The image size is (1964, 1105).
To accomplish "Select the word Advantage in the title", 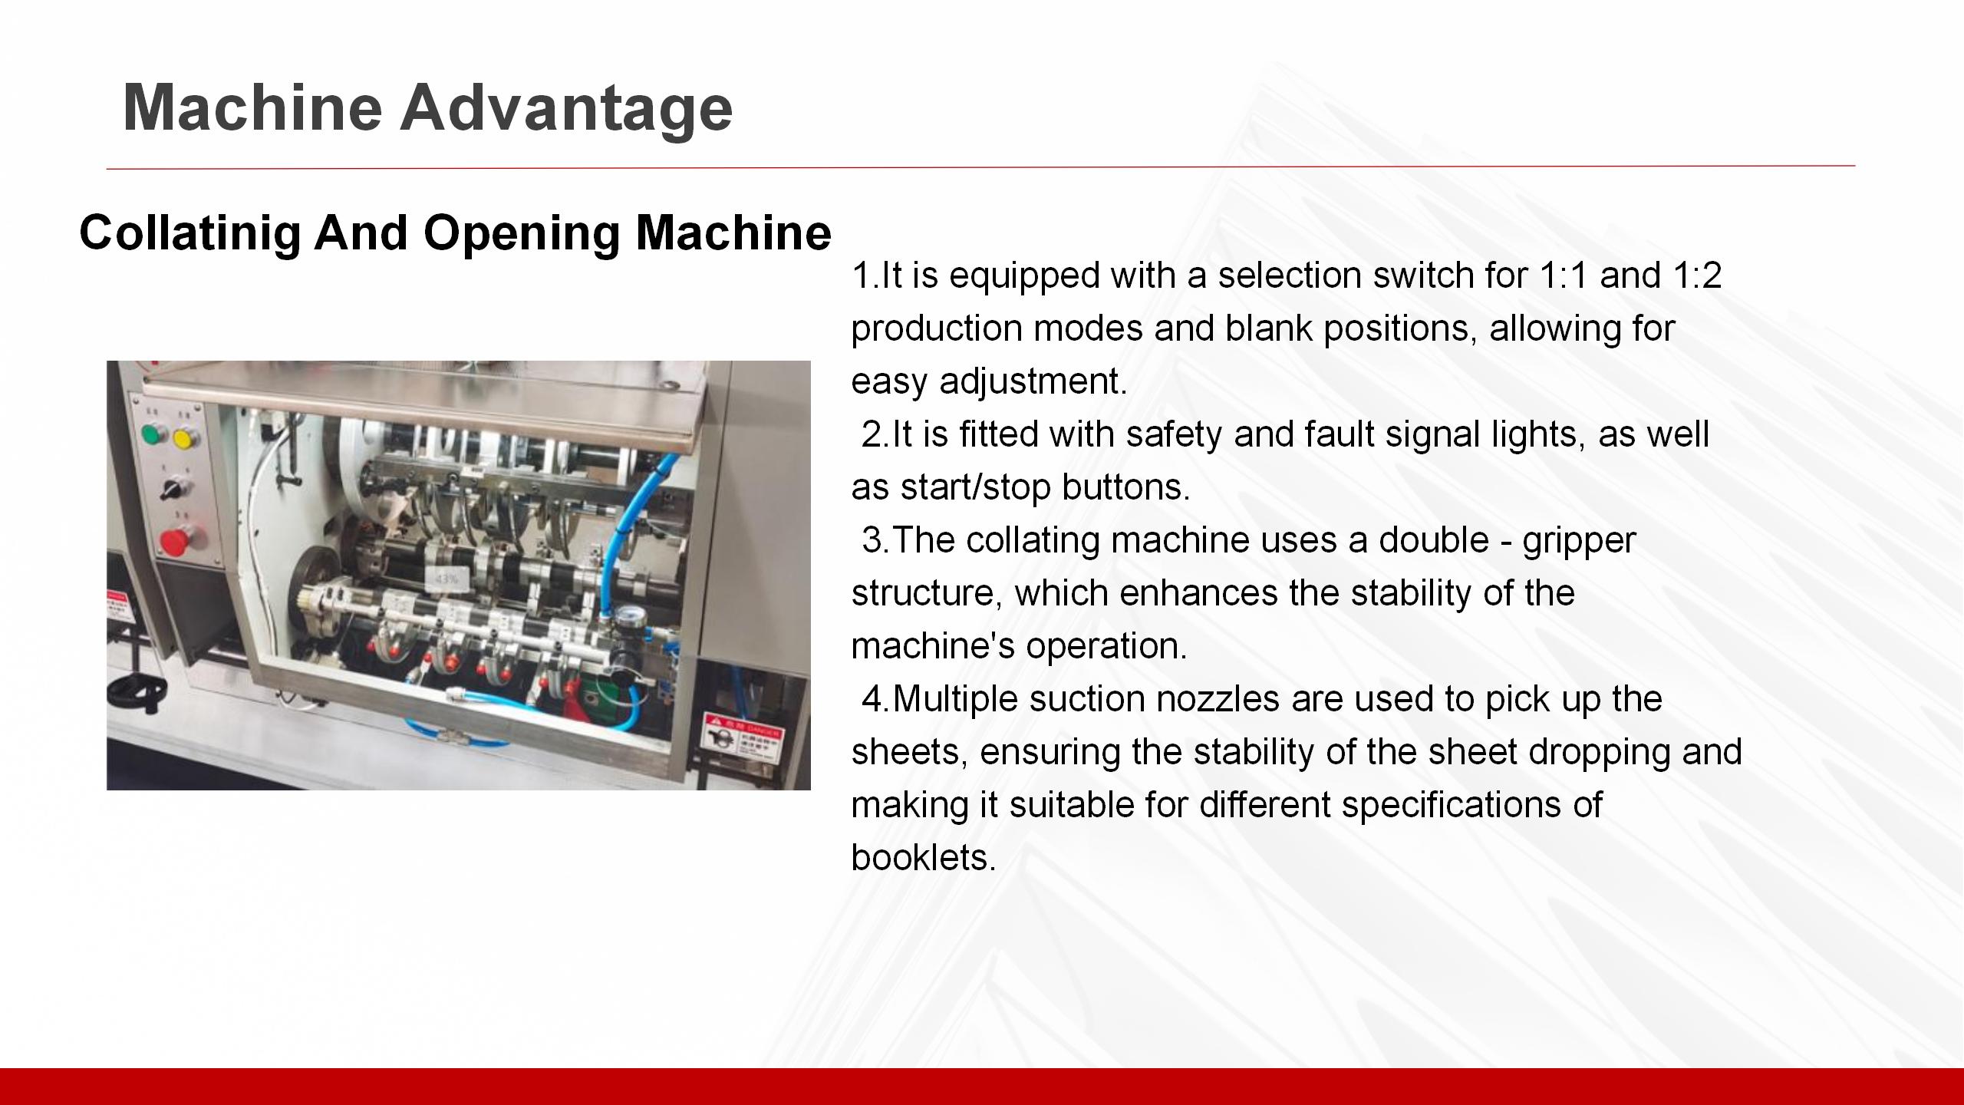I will click(566, 107).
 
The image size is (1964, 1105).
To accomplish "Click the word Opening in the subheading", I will click(521, 232).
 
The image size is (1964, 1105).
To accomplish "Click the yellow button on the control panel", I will click(184, 438).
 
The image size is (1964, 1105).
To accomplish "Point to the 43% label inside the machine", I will click(446, 579).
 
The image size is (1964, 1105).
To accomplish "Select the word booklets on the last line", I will click(923, 857).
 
